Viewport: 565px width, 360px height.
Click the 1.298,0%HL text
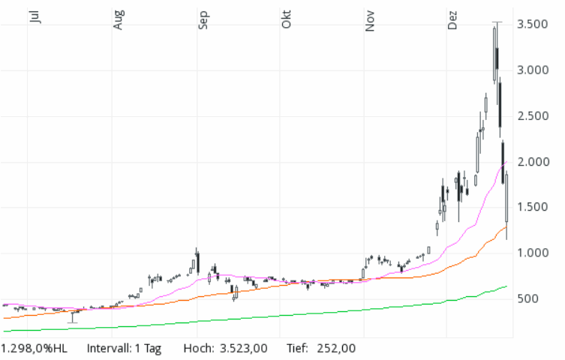tap(35, 349)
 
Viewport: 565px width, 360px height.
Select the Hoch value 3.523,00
tap(244, 349)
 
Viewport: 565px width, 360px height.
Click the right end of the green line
tap(506, 286)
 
